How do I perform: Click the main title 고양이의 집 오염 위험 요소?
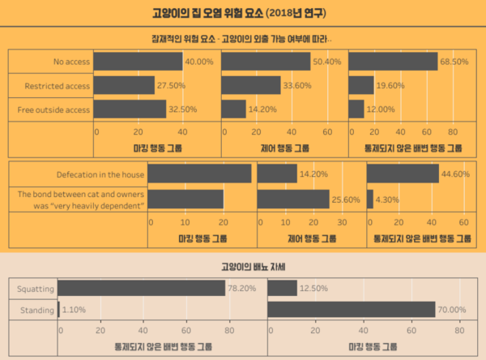(218, 14)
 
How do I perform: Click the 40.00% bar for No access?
(137, 62)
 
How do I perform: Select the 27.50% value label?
(172, 85)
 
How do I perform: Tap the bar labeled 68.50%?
(393, 62)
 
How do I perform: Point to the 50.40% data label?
(328, 62)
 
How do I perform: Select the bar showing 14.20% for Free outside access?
(233, 109)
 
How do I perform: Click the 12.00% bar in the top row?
(356, 109)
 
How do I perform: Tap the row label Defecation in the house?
(100, 174)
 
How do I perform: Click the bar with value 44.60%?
(403, 174)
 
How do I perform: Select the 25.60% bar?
(292, 199)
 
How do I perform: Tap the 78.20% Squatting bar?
(141, 288)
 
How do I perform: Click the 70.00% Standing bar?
(352, 310)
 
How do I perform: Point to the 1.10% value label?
(75, 310)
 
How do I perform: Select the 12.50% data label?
(314, 288)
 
